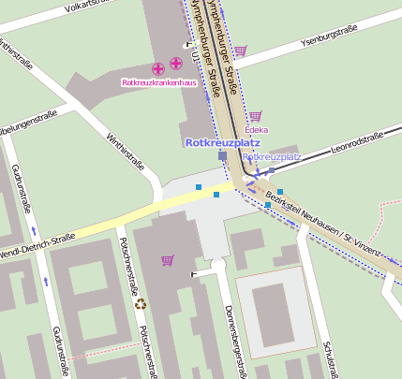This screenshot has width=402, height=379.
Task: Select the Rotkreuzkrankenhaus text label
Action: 158,82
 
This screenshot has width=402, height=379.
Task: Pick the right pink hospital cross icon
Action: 175,65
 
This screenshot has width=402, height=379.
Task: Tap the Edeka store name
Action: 256,129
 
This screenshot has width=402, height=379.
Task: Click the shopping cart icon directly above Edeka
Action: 254,116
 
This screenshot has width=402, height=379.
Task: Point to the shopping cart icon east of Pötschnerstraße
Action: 168,259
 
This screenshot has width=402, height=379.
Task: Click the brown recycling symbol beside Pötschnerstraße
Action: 141,303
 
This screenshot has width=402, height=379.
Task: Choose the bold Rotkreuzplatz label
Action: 222,142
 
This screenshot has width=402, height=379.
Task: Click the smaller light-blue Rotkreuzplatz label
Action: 272,156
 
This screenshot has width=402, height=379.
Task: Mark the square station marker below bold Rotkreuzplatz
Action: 222,156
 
